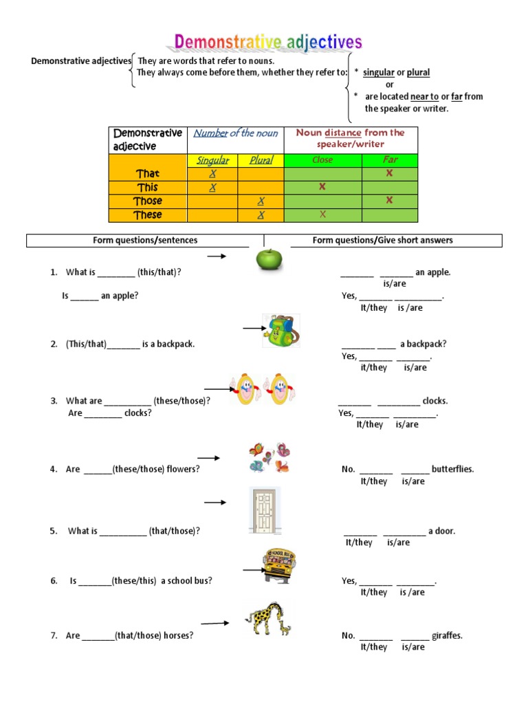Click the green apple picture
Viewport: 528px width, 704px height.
tap(269, 259)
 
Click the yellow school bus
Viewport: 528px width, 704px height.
tap(278, 565)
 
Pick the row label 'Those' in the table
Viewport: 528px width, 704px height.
tap(148, 201)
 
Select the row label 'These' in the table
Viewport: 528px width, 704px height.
tap(148, 214)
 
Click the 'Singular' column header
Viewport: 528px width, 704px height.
tap(213, 160)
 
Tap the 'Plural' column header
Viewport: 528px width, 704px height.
tap(261, 160)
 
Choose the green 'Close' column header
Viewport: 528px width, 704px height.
tap(322, 160)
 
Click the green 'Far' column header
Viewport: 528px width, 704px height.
tap(390, 160)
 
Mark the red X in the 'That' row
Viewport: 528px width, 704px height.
tap(389, 173)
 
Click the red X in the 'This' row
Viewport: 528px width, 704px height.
tap(322, 187)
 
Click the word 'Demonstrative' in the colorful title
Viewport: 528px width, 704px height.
tap(227, 43)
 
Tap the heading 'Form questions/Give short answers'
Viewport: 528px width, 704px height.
tap(382, 240)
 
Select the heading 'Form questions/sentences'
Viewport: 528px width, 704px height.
tap(145, 240)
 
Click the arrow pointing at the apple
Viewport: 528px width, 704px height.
tap(217, 256)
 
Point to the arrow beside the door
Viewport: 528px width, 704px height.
tap(215, 503)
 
